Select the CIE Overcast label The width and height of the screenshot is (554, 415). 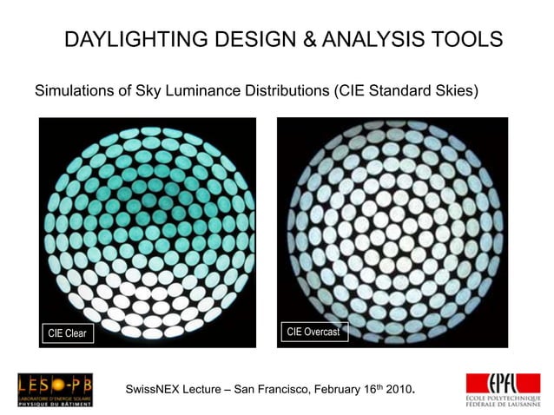coord(313,332)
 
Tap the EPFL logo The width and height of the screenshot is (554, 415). coord(503,389)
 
